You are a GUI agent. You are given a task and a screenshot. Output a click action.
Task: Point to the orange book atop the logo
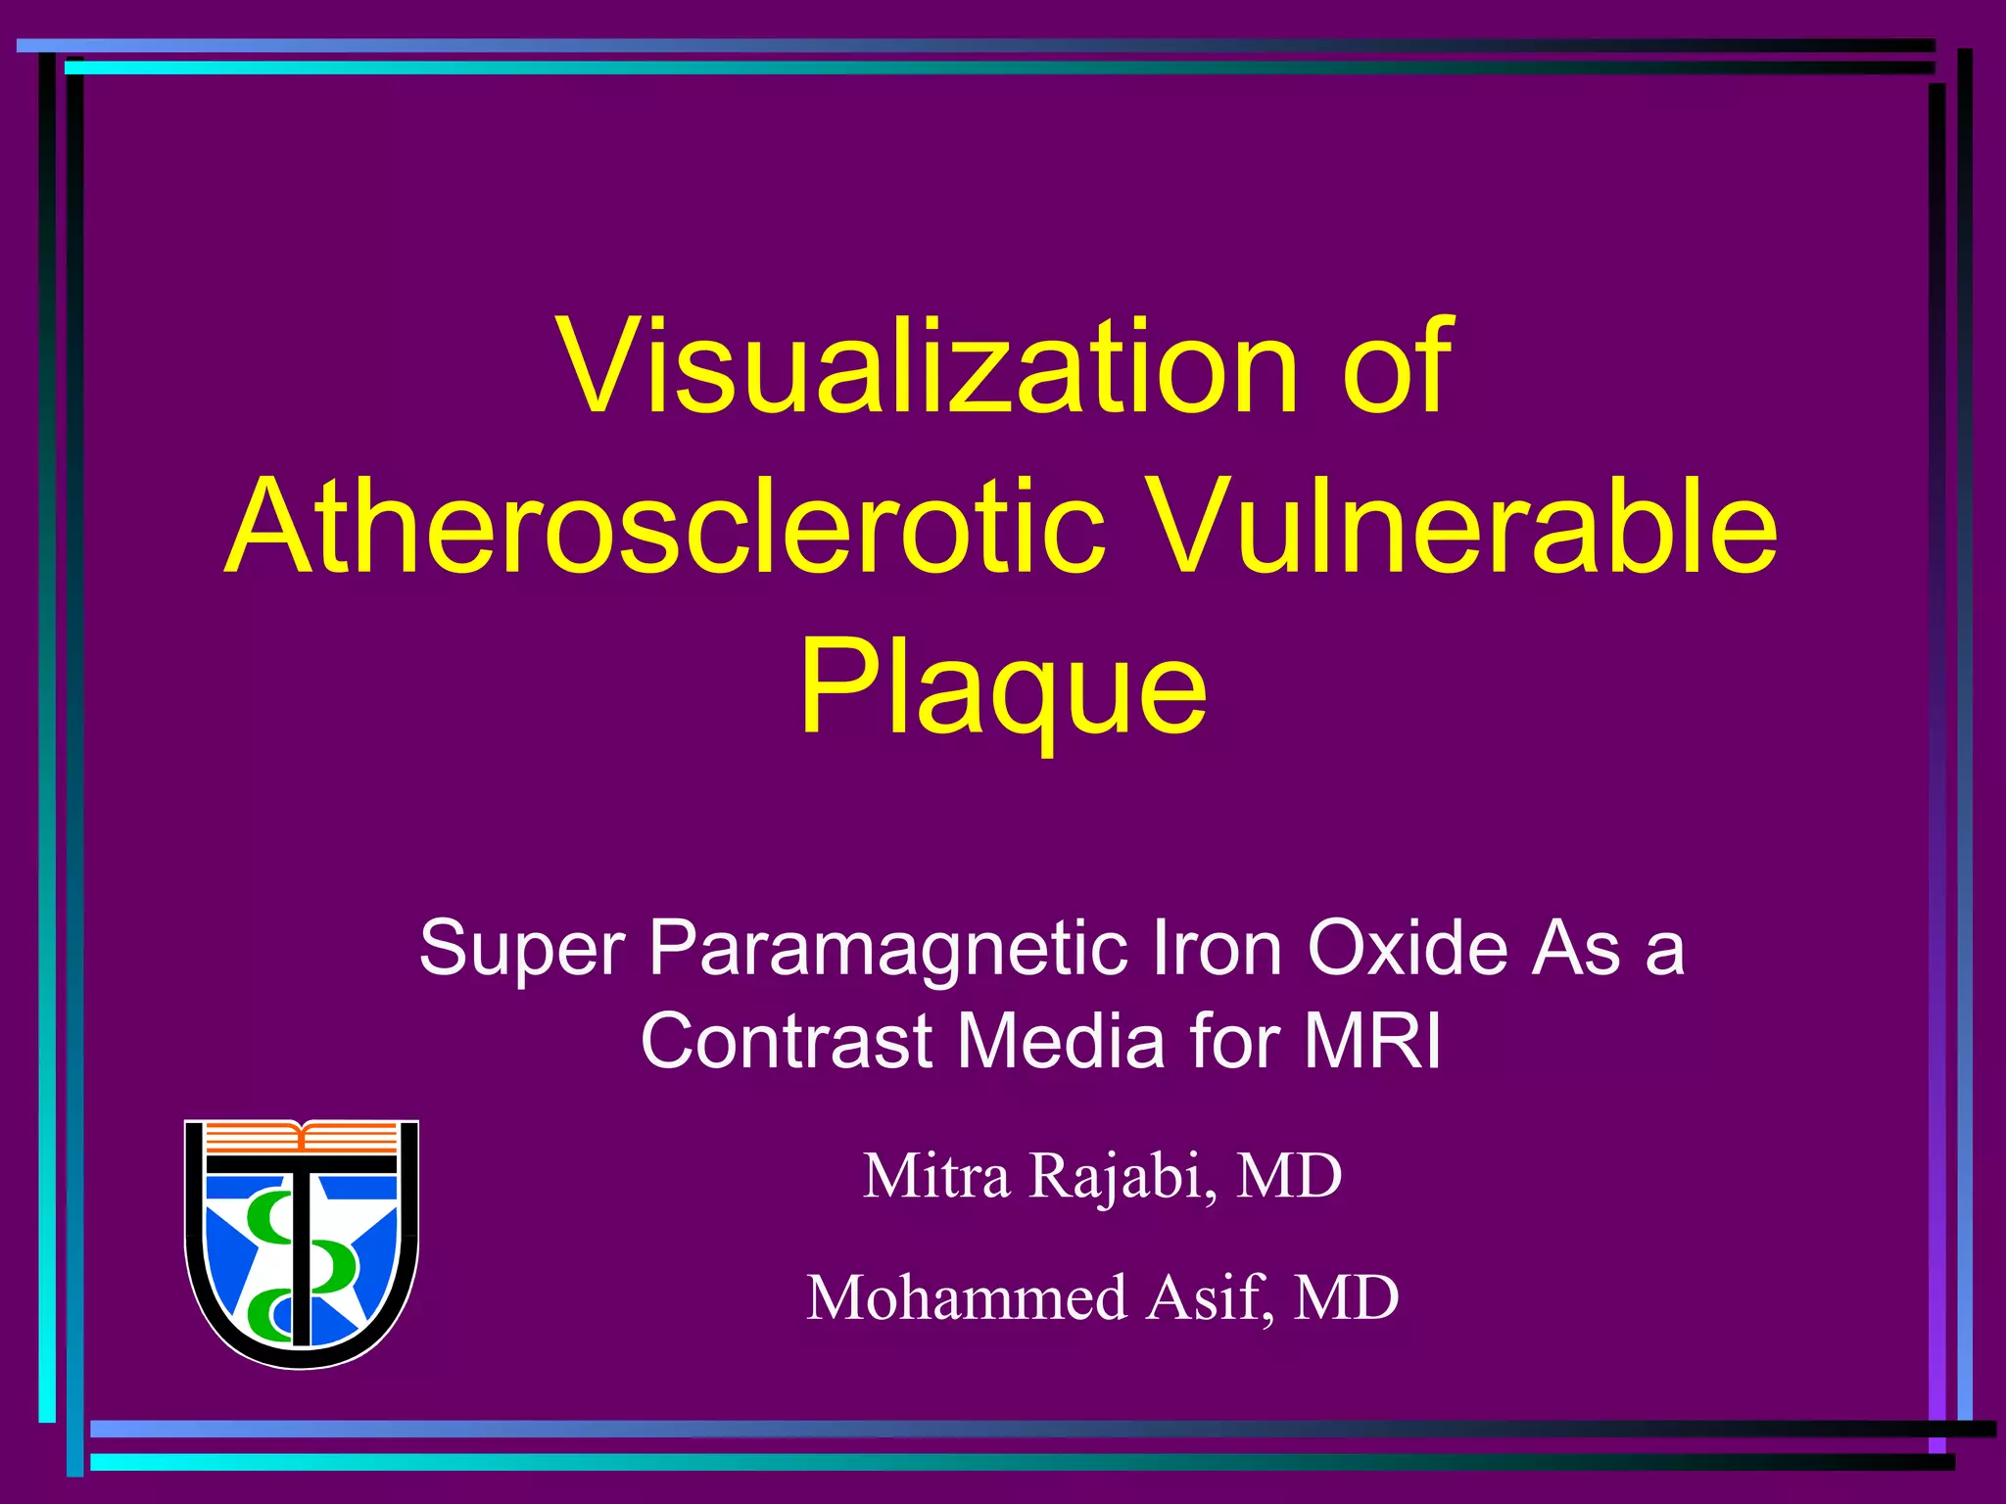302,1137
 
